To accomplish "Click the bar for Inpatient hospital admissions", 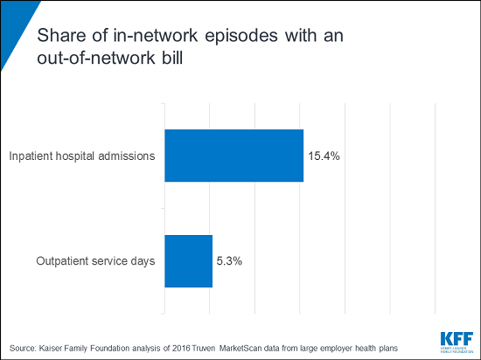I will coord(234,156).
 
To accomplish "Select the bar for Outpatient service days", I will coord(188,260).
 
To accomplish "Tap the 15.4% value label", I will coord(324,156).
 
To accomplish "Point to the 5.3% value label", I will coord(229,260).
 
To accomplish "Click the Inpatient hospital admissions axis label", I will coord(82,156).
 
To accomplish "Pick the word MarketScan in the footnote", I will coord(230,346).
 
